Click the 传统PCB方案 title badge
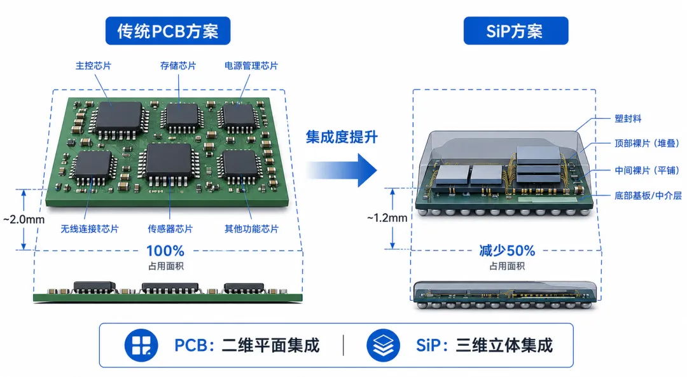(168, 31)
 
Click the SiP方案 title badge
(516, 31)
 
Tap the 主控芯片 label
(94, 65)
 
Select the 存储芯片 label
(178, 65)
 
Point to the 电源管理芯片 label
(251, 65)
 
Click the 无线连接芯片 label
(90, 229)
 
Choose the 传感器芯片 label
(170, 229)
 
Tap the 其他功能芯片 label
(251, 229)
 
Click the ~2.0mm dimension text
(24, 219)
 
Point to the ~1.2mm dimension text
(387, 217)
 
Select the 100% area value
(165, 251)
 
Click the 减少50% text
(507, 251)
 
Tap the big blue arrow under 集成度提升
(342, 170)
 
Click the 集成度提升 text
(342, 137)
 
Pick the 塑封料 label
(628, 119)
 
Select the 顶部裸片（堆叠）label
(647, 143)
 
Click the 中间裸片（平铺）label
(647, 170)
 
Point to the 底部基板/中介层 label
(648, 195)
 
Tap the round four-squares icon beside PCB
(141, 345)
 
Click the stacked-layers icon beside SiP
(384, 345)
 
